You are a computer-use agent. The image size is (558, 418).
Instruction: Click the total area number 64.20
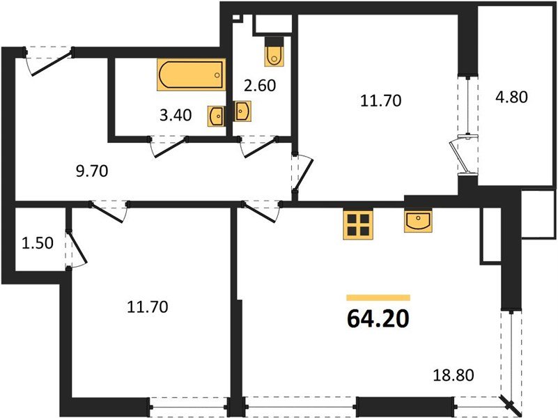(378, 318)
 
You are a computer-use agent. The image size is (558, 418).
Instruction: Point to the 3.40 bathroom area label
(173, 116)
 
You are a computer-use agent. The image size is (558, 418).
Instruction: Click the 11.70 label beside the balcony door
(380, 101)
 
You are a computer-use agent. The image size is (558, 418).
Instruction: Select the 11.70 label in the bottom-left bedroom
(148, 306)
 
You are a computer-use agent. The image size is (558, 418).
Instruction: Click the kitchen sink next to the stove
(417, 221)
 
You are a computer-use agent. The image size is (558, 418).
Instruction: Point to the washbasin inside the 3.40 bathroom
(216, 115)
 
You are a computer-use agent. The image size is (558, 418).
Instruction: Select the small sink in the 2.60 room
(242, 111)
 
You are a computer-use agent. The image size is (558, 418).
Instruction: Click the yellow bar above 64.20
(378, 297)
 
